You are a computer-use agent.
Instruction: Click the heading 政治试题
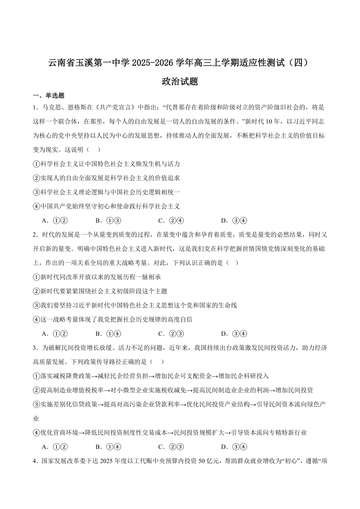[x=180, y=81]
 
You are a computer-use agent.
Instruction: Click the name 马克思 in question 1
[x=53, y=108]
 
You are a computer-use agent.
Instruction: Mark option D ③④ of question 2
[x=234, y=334]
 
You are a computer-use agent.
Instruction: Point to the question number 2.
[x=35, y=235]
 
